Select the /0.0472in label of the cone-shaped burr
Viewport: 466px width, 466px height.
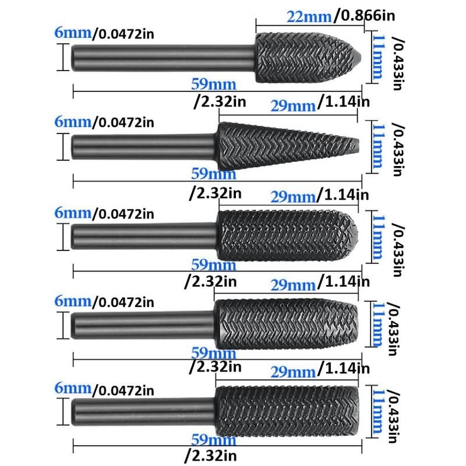click(x=123, y=123)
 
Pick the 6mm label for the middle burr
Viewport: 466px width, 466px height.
click(x=73, y=212)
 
